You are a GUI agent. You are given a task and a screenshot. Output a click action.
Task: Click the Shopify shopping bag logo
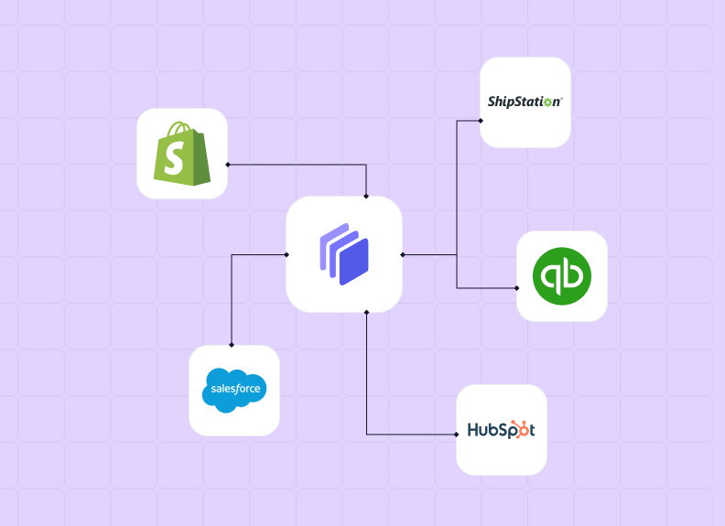182,153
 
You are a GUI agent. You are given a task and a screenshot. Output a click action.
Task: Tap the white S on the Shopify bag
179,159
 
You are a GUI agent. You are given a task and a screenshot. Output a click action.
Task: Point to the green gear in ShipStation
548,102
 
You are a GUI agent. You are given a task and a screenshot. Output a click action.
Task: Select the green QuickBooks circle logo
562,276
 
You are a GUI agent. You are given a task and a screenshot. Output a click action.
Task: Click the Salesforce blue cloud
234,391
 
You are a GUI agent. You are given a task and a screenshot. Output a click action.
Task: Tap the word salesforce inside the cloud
235,389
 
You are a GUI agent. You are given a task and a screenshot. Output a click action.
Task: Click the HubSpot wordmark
501,429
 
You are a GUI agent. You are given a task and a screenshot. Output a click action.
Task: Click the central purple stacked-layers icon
344,255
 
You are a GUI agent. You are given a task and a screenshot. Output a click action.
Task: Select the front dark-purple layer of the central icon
353,260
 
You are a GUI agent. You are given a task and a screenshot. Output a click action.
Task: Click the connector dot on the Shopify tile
228,165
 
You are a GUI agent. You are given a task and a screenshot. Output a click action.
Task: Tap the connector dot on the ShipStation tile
481,120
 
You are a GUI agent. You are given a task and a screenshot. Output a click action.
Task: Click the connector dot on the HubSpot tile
457,434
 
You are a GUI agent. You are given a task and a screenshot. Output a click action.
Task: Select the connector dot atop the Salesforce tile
232,345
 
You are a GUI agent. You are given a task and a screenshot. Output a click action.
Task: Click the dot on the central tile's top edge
366,196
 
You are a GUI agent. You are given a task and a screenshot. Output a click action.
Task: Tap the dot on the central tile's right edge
402,254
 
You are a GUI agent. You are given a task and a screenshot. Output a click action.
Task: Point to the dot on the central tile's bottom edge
366,313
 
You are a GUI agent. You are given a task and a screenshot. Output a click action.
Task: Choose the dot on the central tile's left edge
287,254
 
